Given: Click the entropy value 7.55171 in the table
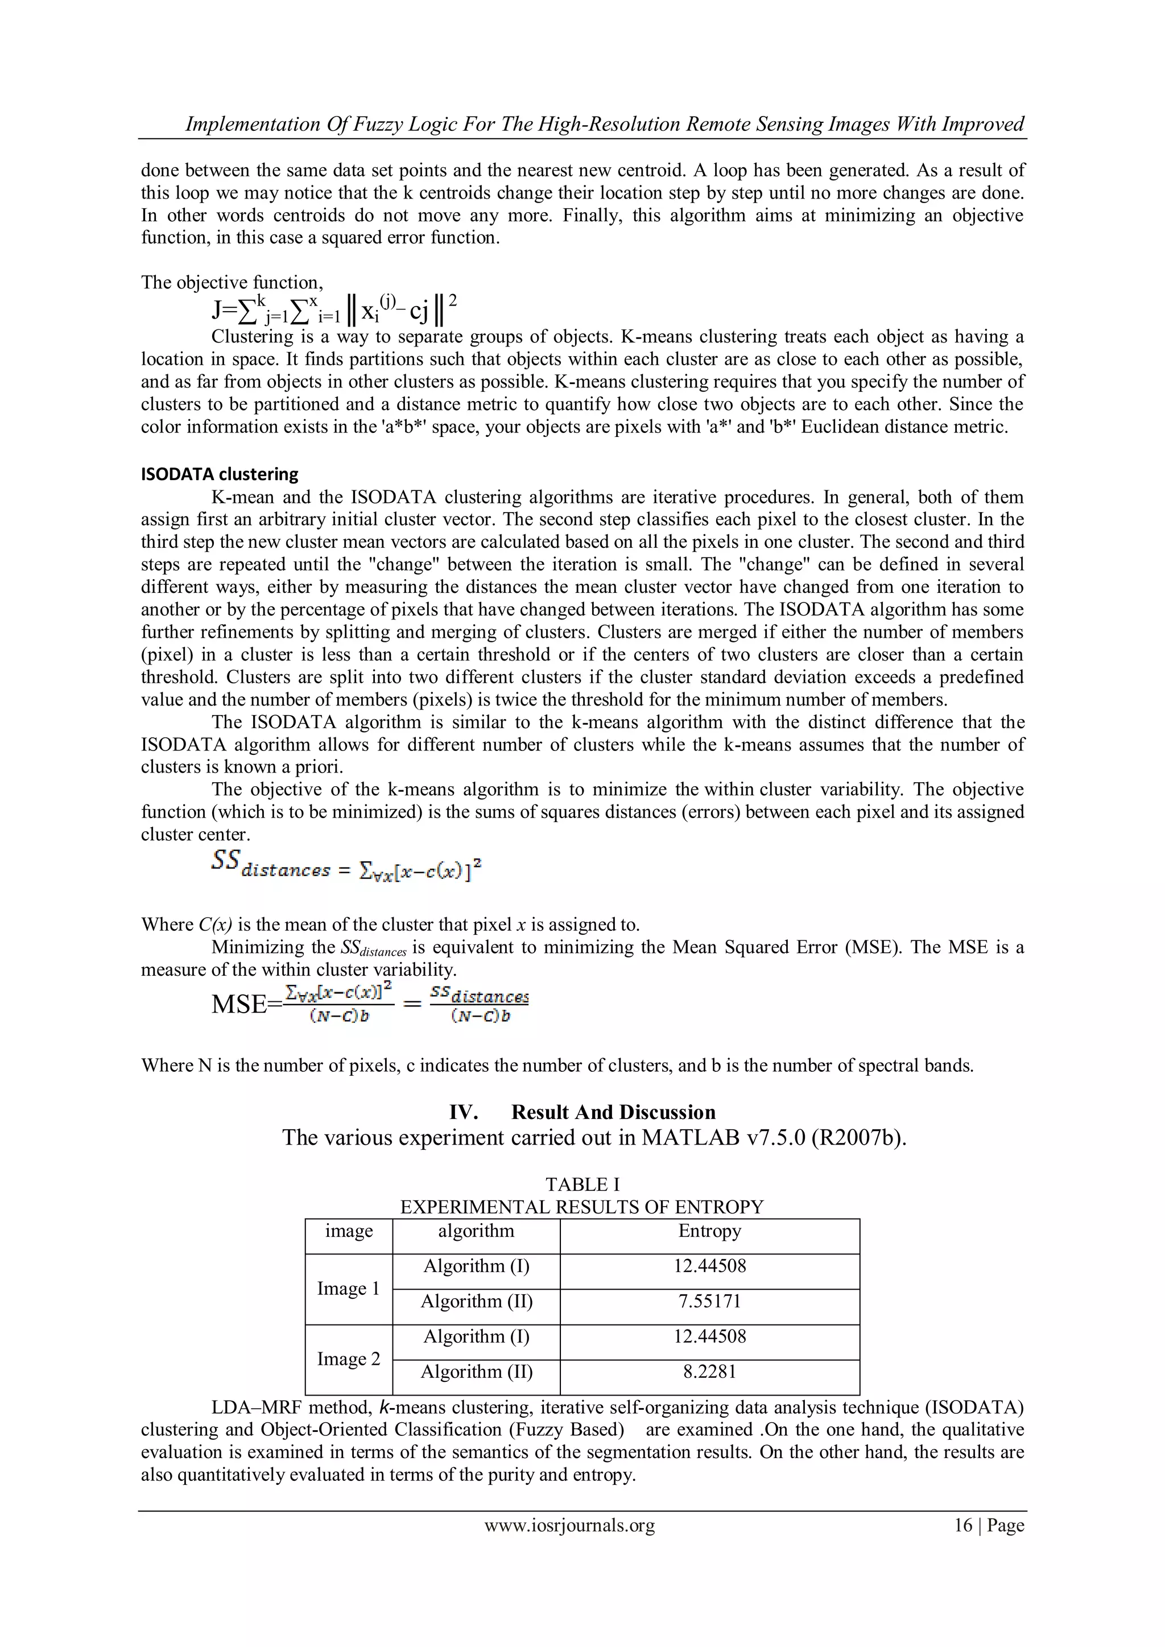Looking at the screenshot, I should coord(709,1301).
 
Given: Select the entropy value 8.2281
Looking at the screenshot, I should coord(709,1372).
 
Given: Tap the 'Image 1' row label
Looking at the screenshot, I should coord(349,1289).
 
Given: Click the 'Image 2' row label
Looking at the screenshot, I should coord(349,1359).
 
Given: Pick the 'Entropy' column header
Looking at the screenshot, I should coord(709,1231).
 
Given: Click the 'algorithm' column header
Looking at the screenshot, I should coord(476,1231).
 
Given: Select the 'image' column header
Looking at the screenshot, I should coord(349,1231).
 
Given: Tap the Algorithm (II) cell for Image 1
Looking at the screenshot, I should coord(476,1301).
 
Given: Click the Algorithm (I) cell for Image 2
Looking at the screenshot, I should coord(476,1336).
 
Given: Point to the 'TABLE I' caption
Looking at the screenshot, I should coord(582,1184).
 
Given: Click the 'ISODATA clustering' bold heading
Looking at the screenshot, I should coord(220,474).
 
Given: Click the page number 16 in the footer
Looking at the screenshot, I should coord(962,1525).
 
